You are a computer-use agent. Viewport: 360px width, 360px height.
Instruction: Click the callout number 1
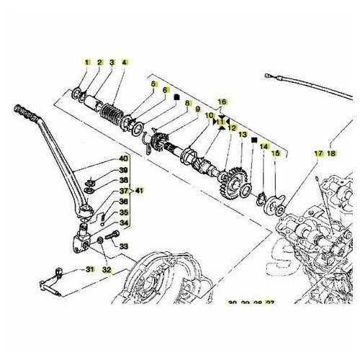coord(88,63)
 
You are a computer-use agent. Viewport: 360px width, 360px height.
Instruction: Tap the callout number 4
coord(125,63)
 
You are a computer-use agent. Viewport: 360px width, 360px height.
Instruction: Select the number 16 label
coord(222,103)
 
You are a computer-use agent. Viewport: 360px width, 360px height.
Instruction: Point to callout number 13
coord(243,135)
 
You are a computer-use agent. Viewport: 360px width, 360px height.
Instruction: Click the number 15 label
coord(274,154)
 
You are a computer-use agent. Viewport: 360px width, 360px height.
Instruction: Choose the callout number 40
coord(123,158)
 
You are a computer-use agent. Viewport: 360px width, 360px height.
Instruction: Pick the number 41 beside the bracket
coord(140,191)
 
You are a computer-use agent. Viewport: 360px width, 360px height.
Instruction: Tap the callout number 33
coord(123,246)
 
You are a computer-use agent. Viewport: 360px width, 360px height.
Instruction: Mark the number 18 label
coord(331,154)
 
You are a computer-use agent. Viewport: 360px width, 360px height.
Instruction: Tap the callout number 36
coord(123,202)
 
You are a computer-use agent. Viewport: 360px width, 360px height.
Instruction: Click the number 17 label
coord(318,154)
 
